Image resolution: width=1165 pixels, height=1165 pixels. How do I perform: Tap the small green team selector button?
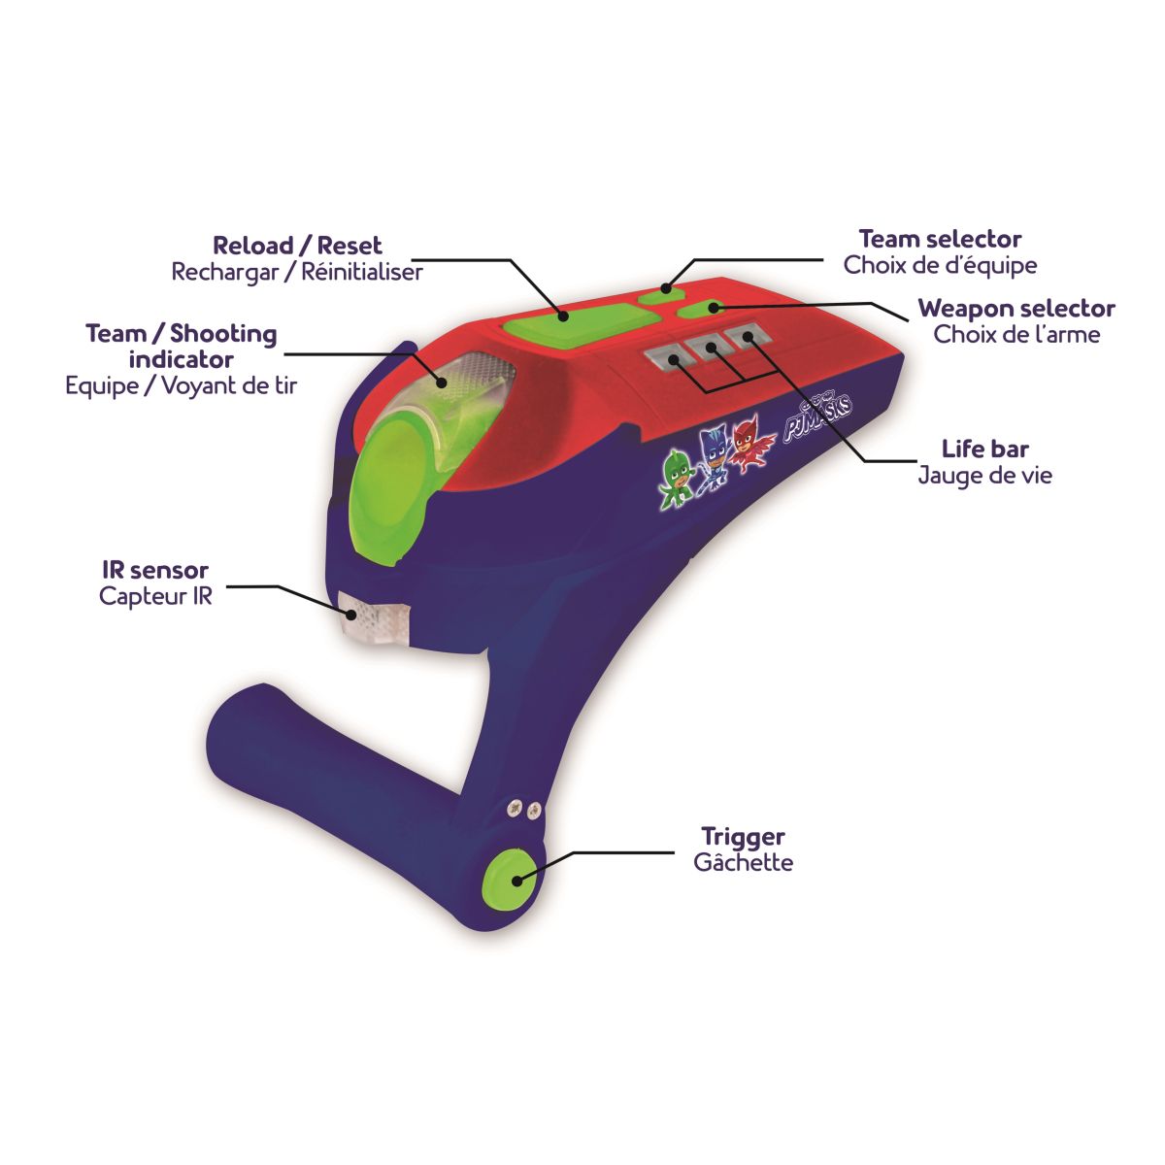coord(661,294)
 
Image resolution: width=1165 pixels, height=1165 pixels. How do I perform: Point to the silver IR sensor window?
coord(375,617)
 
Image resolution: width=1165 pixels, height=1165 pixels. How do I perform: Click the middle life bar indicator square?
coord(707,349)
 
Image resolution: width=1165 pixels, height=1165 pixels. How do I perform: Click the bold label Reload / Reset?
coord(297,246)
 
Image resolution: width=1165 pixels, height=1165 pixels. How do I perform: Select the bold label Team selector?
coord(940,239)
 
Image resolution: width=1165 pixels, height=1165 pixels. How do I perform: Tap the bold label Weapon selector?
coord(1016,309)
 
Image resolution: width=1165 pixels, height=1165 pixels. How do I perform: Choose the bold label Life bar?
coord(984,449)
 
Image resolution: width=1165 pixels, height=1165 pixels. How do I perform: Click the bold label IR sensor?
coord(155,570)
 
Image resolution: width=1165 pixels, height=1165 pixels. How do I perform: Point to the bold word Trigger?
coord(743,836)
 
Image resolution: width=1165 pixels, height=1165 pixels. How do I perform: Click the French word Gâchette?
coord(743,862)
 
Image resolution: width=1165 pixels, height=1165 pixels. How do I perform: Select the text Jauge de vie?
coord(984,475)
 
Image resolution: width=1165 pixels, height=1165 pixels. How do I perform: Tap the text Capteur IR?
coord(155,595)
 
